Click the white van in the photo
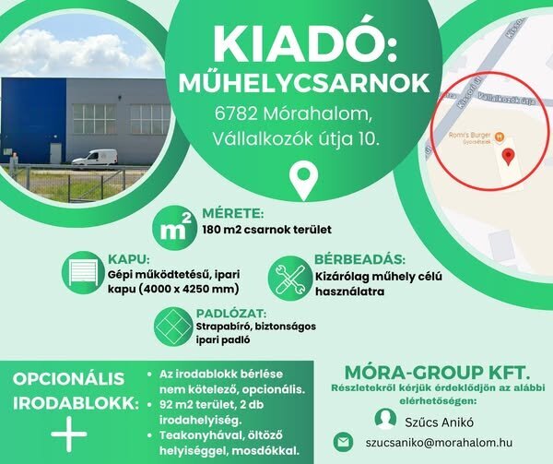pos(95,157)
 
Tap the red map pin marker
pos(508,157)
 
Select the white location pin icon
pos(303,180)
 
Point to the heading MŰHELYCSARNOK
pos(304,84)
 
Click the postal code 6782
pos(236,114)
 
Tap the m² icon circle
pos(173,228)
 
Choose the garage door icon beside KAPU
pos(83,272)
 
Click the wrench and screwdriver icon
pos(289,279)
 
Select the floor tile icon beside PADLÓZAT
pos(173,327)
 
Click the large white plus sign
pos(69,434)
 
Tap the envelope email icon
pos(343,442)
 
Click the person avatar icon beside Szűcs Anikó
pos(385,419)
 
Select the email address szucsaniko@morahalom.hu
pos(439,443)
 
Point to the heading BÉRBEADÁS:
pos(359,260)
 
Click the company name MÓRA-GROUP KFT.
pos(437,373)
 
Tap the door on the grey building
pos(55,153)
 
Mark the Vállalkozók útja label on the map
pos(507,99)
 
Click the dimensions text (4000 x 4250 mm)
pos(188,290)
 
